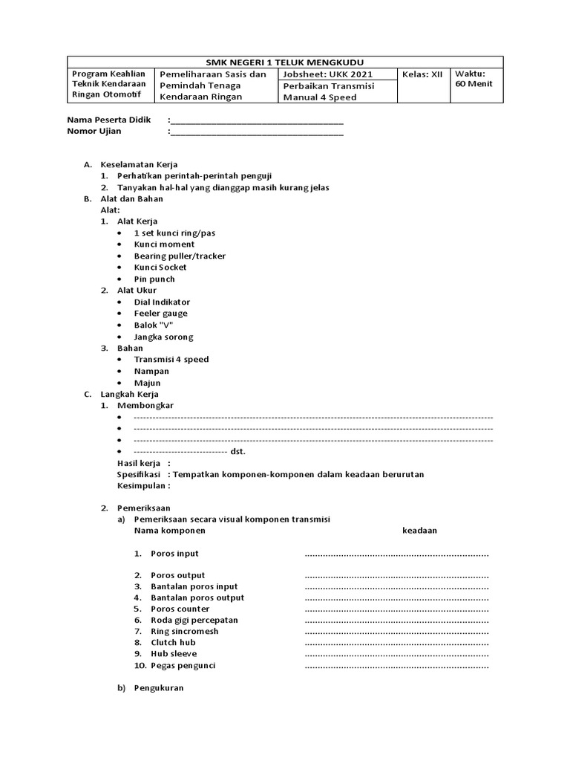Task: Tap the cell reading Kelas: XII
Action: point(422,74)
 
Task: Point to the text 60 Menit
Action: point(474,84)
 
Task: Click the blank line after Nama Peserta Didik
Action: point(257,120)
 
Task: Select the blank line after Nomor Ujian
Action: point(257,132)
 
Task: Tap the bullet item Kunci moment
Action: point(164,245)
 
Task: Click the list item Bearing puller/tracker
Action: point(180,256)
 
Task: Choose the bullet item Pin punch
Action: point(154,279)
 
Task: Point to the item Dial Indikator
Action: point(162,302)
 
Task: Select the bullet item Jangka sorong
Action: point(163,337)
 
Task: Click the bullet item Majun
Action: point(147,383)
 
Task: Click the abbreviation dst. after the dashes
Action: point(238,452)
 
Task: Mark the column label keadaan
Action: point(419,531)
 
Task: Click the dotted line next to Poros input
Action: point(396,554)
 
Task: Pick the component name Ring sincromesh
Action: point(184,632)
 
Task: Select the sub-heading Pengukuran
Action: point(158,688)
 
